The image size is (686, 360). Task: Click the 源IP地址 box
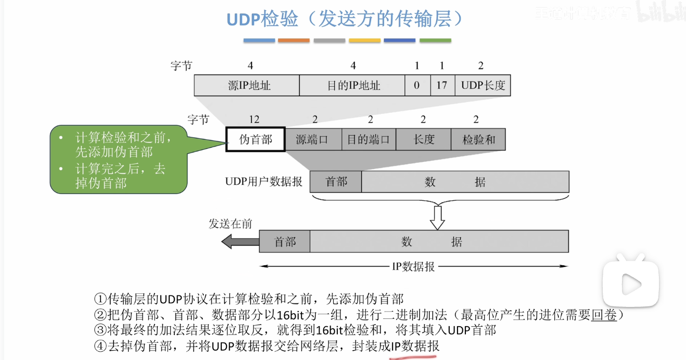coord(247,85)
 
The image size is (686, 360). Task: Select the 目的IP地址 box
coord(352,85)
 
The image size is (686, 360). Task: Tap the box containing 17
coord(442,85)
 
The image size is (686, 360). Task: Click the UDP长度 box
coord(483,85)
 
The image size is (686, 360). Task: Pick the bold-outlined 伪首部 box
coord(256,139)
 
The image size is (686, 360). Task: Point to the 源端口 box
coord(313,139)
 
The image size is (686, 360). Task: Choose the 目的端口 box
coord(369,139)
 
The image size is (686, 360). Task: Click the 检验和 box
coord(478,139)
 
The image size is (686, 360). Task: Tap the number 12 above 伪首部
coord(255,120)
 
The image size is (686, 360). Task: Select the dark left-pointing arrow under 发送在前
coord(240,241)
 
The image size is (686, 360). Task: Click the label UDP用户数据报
coord(263,182)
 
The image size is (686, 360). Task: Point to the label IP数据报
coord(413,267)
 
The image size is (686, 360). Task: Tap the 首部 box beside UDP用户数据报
coord(336,182)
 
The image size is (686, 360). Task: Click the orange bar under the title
coord(294,40)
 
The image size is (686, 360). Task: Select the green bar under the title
coord(435,40)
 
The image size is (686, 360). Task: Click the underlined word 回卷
coord(604,315)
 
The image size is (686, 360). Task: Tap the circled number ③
coord(100,330)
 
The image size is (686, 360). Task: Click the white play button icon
coord(631,284)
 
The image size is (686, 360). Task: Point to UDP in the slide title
coord(243,19)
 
